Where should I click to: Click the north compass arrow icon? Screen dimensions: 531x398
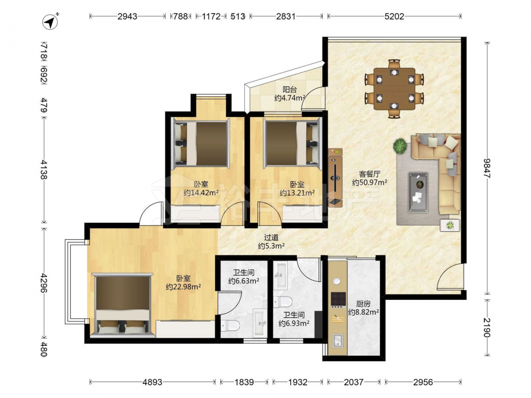[50, 22]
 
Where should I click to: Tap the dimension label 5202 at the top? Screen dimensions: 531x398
[394, 16]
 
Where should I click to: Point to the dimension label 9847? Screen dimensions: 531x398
[486, 168]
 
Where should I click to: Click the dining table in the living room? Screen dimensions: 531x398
[394, 89]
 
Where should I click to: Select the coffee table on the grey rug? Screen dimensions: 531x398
[418, 192]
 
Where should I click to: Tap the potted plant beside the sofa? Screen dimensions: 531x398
[400, 146]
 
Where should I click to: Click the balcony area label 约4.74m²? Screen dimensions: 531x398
[289, 98]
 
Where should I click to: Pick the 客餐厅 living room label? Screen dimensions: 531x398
[370, 174]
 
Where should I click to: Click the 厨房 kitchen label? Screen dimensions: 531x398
[363, 304]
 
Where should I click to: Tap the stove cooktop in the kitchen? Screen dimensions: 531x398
[338, 299]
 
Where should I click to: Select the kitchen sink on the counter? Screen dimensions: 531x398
[338, 341]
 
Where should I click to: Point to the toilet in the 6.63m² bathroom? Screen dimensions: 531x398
[230, 326]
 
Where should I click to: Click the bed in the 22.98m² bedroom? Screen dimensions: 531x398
[122, 306]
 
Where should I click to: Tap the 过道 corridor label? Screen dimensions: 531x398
[271, 238]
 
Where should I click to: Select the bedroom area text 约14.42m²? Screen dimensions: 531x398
[201, 193]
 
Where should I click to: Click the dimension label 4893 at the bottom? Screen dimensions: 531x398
[152, 382]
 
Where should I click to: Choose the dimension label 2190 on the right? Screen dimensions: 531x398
[486, 327]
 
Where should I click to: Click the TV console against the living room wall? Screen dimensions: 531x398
[335, 177]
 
